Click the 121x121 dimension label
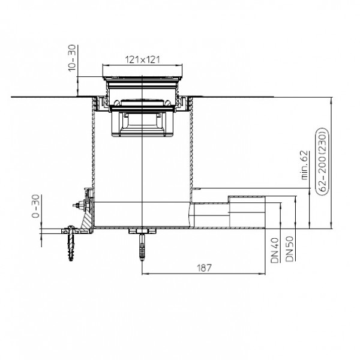click(142, 59)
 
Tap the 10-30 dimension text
click(72, 58)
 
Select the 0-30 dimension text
click(35, 206)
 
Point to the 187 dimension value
click(204, 268)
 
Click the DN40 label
click(275, 250)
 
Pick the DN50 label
click(289, 249)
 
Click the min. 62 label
click(304, 165)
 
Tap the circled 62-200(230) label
click(322, 161)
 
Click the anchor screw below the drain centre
click(143, 247)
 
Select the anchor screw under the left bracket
click(71, 244)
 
